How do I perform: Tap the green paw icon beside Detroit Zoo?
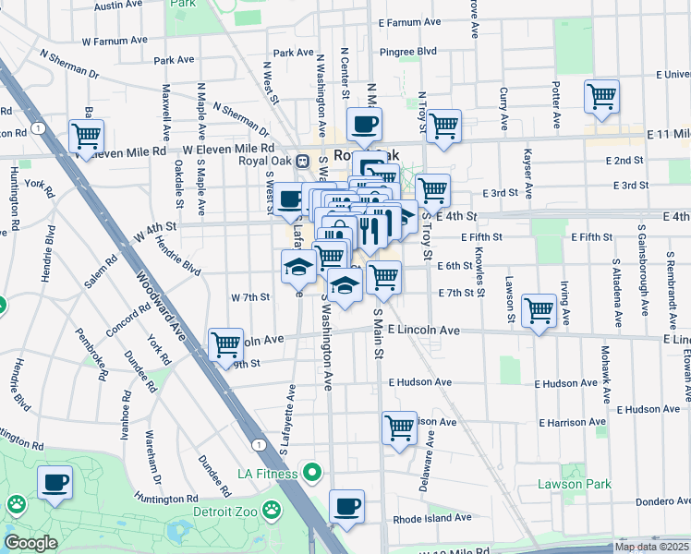pyautogui.click(x=272, y=509)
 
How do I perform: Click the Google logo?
pyautogui.click(x=30, y=543)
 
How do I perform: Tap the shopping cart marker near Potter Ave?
pyautogui.click(x=601, y=96)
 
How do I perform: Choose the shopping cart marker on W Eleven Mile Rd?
pyautogui.click(x=86, y=136)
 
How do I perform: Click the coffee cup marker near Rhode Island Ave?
pyautogui.click(x=346, y=505)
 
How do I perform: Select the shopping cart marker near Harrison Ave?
pyautogui.click(x=399, y=427)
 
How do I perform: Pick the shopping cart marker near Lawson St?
pyautogui.click(x=539, y=309)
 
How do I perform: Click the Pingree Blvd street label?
pyautogui.click(x=413, y=52)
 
